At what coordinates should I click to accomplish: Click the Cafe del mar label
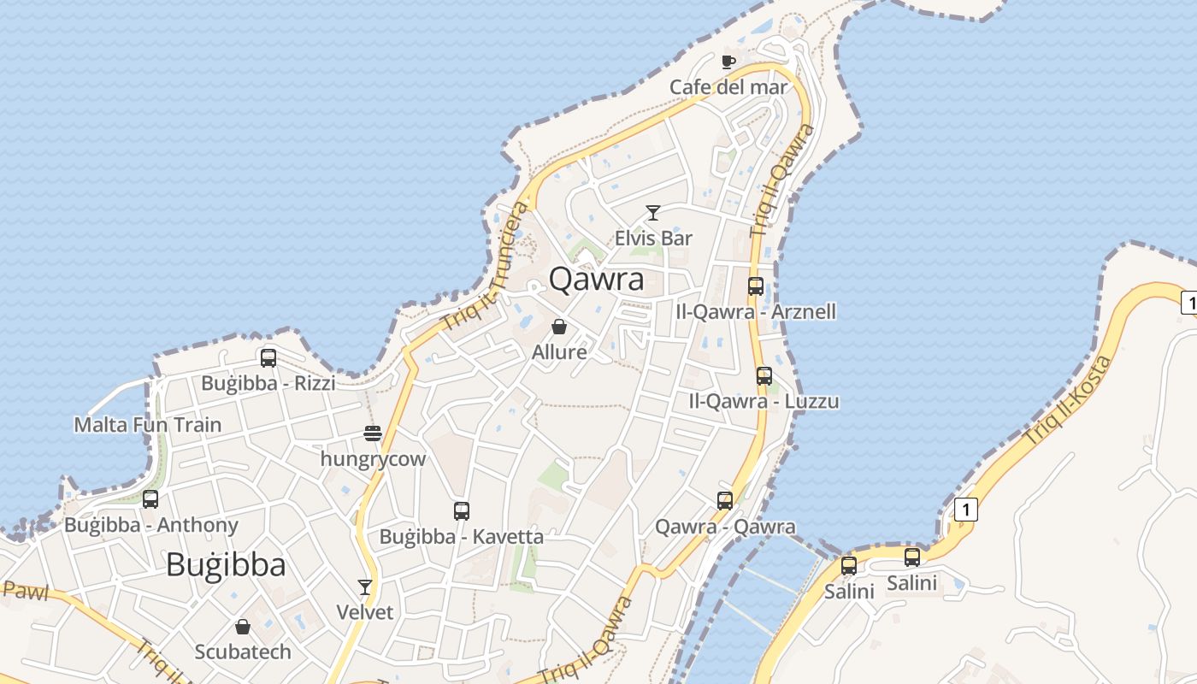coord(728,86)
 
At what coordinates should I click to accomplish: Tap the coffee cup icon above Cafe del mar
coord(728,62)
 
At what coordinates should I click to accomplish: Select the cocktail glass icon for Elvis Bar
coord(653,213)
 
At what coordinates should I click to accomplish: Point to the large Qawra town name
coord(596,279)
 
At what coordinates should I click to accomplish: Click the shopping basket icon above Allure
coord(559,327)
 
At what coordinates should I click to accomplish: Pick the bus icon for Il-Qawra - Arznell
coord(756,286)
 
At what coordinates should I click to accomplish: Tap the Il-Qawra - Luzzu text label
coord(764,401)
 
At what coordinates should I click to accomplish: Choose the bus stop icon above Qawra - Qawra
coord(725,501)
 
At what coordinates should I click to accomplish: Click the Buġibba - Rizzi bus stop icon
coord(268,358)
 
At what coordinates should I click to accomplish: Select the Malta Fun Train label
coord(147,424)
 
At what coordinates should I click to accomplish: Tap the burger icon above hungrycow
coord(372,433)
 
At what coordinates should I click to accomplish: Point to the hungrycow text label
coord(373,459)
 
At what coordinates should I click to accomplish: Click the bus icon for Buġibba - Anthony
coord(150,499)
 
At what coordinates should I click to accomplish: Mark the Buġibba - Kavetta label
coord(461,537)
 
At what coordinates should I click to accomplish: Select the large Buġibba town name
coord(226,564)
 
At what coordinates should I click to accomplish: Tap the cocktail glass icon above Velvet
coord(365,587)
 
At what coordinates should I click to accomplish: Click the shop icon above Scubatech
coord(243,627)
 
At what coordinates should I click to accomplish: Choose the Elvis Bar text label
coord(653,238)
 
